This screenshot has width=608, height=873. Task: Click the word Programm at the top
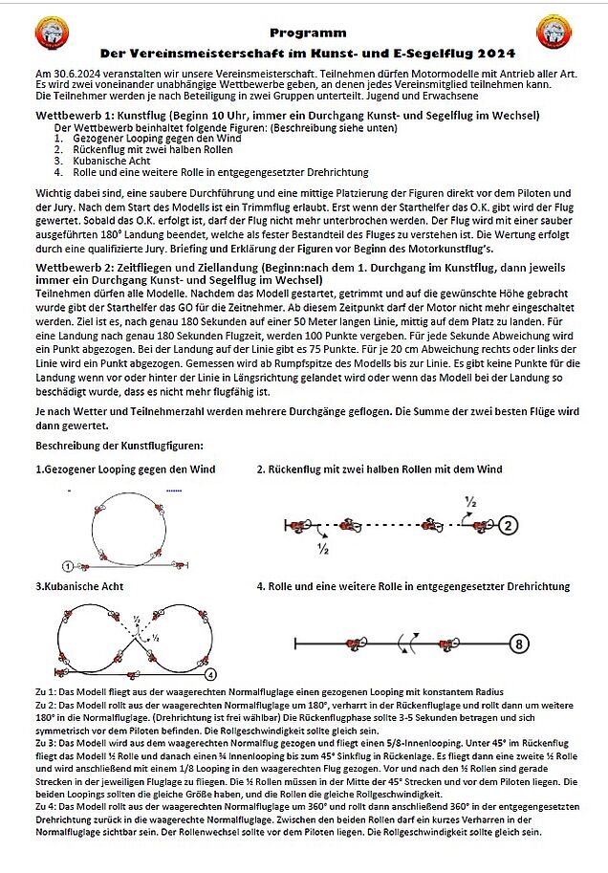[x=303, y=32]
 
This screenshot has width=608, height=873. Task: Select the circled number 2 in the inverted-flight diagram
[x=510, y=525]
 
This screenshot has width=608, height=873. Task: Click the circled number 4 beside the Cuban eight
[x=210, y=673]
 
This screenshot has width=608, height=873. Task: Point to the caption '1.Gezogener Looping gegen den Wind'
[x=125, y=469]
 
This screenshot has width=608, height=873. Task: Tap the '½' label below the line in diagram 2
[x=323, y=549]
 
